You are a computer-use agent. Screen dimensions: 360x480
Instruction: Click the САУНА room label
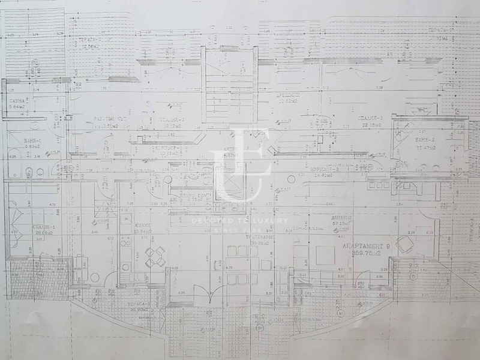[x=17, y=101]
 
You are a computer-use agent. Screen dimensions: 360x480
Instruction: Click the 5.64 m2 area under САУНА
[x=17, y=108]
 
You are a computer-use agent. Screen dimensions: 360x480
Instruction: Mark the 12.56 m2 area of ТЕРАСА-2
[x=91, y=50]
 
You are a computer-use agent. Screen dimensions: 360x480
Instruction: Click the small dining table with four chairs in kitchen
[x=155, y=257]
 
